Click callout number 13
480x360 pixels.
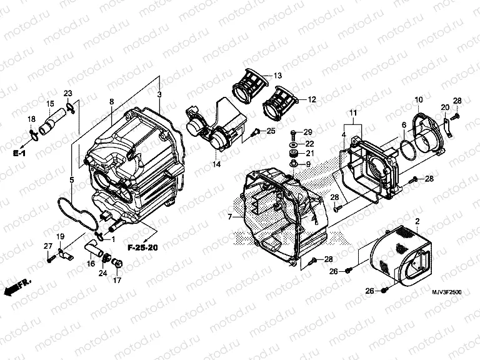pos(277,76)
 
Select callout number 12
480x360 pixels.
pos(311,99)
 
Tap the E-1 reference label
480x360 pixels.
pos(21,152)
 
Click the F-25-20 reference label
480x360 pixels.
pos(142,247)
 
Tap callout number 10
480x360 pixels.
pos(418,99)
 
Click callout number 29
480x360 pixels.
pos(307,132)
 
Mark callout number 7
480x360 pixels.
pos(230,217)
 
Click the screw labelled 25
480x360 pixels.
pos(255,132)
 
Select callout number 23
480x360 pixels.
pos(68,94)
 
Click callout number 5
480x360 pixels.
pos(72,180)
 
